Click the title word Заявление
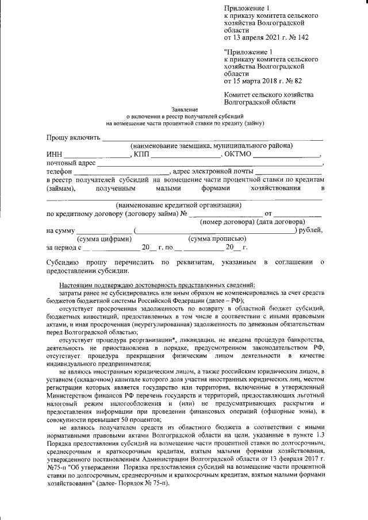click(185, 109)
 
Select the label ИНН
click(54, 155)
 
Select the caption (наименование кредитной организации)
click(178, 205)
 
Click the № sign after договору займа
click(185, 214)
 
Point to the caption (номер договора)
click(227, 222)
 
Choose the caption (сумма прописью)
click(218, 238)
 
